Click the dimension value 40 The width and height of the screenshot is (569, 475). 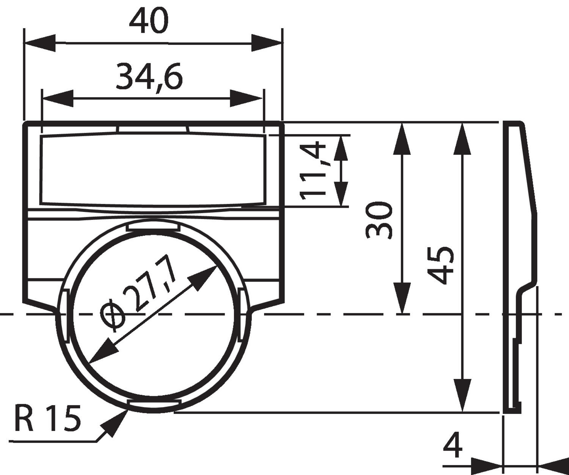click(x=148, y=22)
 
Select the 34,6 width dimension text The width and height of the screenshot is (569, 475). click(x=149, y=77)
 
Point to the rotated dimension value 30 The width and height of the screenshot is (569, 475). click(x=379, y=221)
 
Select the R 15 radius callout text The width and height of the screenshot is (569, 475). click(x=48, y=418)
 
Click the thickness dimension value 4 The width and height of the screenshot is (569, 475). click(x=453, y=446)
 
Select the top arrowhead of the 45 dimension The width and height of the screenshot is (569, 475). click(x=462, y=138)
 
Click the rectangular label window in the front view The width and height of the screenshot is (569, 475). click(x=153, y=169)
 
